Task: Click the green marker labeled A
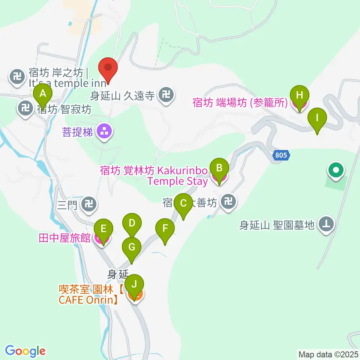click(43, 93)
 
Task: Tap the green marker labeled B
click(220, 167)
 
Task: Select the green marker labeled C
click(183, 204)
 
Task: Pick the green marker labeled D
click(132, 224)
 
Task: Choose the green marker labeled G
click(132, 247)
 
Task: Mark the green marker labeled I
click(317, 118)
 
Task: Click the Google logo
click(25, 351)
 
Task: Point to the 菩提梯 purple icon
click(104, 132)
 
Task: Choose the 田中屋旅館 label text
click(64, 238)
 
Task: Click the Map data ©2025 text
click(328, 354)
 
